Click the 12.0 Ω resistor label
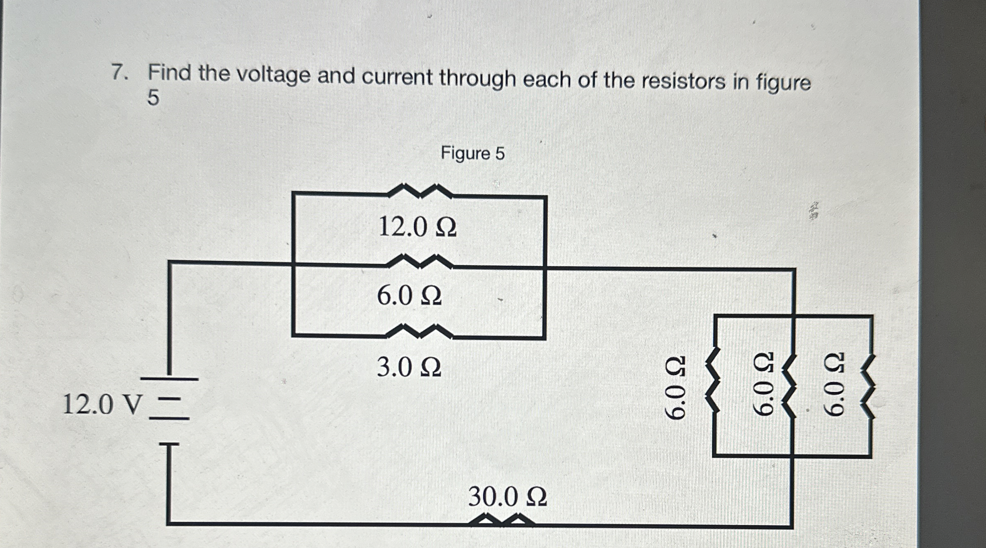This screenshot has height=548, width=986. [417, 227]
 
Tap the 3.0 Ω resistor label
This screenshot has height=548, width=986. [409, 367]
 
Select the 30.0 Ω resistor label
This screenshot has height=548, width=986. [507, 497]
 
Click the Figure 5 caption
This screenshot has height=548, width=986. [472, 154]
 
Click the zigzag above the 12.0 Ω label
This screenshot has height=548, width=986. [420, 191]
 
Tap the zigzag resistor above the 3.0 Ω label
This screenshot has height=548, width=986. [419, 331]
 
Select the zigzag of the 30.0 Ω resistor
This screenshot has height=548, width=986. [502, 520]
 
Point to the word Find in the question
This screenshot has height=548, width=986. [170, 73]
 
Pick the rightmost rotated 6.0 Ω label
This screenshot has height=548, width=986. [834, 384]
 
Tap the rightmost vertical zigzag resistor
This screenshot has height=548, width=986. [868, 387]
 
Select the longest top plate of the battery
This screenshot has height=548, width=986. [170, 379]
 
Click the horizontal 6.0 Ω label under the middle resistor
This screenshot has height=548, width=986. [409, 296]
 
